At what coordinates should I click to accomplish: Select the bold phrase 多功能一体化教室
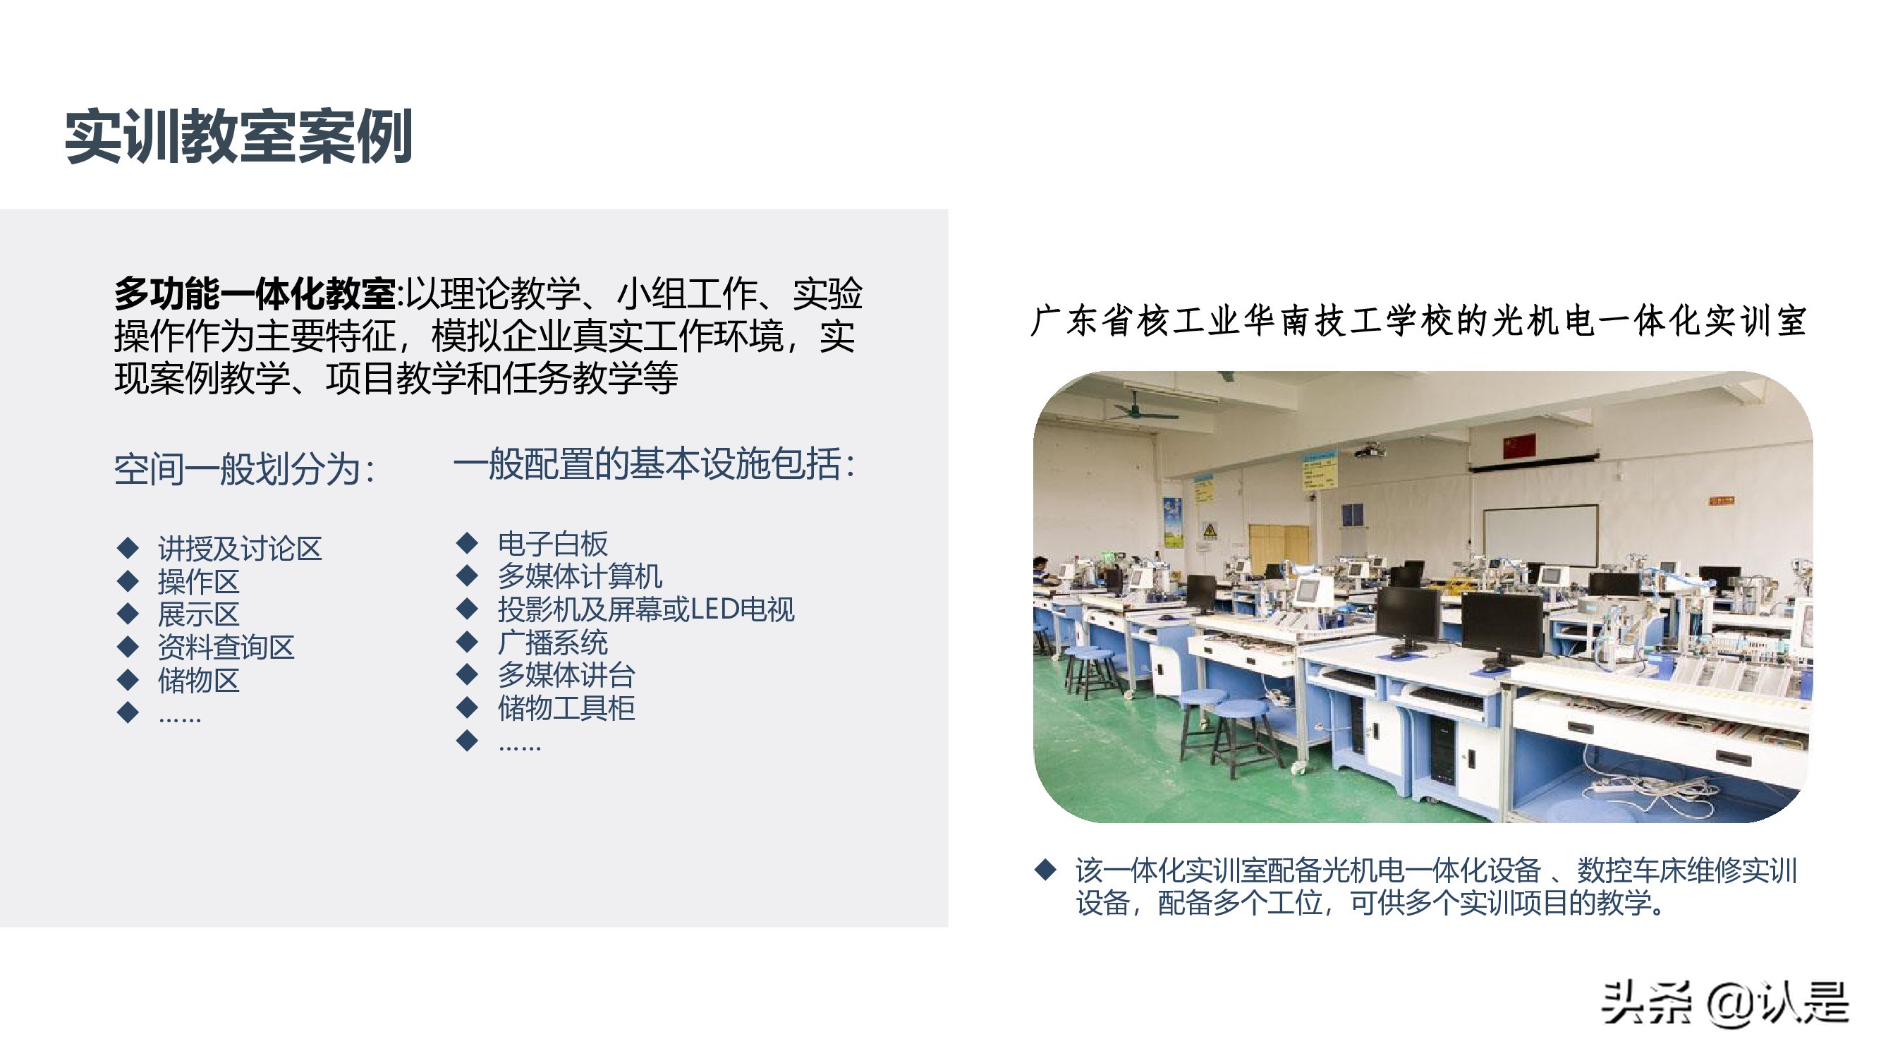255,294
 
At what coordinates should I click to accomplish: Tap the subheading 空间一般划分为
244,469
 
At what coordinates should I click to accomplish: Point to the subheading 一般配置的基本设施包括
654,464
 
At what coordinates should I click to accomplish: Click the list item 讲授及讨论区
240,548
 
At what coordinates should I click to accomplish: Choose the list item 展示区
199,614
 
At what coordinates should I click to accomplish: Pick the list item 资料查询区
226,647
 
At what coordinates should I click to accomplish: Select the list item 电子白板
553,544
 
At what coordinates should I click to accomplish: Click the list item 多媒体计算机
580,577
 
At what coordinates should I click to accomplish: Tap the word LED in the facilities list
714,609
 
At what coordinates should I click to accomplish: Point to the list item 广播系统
553,643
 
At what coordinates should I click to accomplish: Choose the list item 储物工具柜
566,708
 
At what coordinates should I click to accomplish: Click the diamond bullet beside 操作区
128,581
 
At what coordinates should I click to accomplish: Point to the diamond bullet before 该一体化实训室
1046,869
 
